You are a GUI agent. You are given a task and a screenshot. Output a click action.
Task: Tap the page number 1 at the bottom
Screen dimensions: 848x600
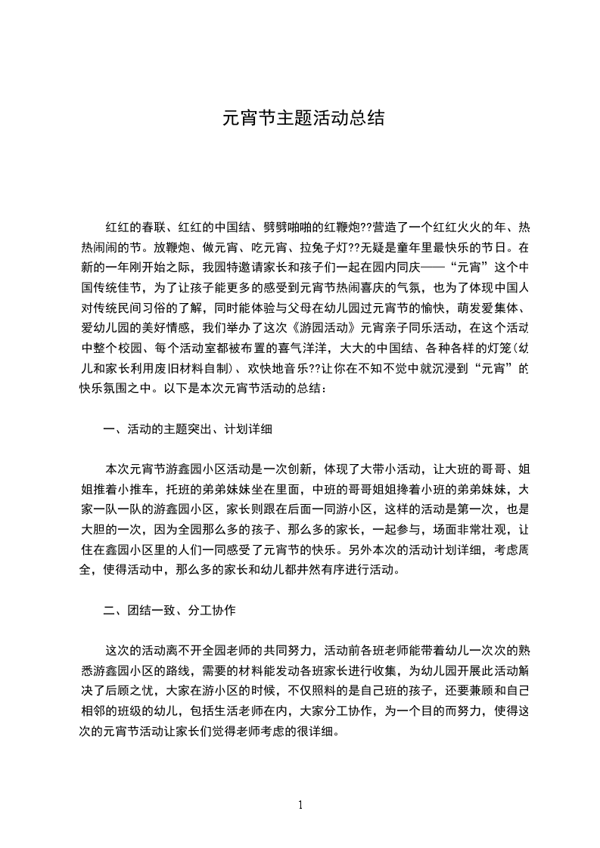[300, 806]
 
